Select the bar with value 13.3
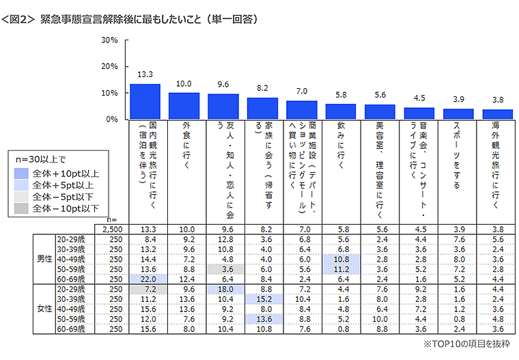(145, 102)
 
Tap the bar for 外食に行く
(184, 106)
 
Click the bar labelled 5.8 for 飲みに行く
(341, 111)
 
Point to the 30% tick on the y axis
(110, 40)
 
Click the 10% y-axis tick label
(110, 93)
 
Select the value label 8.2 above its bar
(262, 89)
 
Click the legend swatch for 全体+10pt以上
(22, 174)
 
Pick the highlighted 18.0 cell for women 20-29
(223, 289)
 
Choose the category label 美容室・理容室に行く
(380, 167)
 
